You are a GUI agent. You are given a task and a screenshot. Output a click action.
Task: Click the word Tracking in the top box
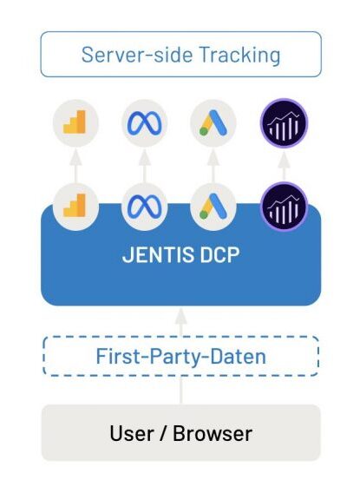(x=239, y=56)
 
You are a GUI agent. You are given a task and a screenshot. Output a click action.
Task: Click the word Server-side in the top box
(x=137, y=55)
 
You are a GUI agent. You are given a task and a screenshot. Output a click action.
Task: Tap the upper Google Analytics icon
(x=75, y=123)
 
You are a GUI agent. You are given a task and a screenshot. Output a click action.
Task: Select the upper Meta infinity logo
(x=145, y=123)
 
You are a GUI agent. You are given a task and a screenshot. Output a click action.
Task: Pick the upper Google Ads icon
(x=213, y=123)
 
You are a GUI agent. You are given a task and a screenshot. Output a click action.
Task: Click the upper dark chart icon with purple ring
(x=284, y=123)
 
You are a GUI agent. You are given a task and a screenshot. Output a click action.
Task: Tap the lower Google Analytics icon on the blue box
(x=75, y=207)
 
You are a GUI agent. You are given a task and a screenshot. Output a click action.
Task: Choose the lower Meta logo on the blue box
(x=145, y=207)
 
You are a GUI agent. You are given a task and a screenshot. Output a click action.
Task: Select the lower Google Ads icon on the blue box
(x=213, y=207)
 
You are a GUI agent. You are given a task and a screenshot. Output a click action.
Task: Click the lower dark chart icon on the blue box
(x=284, y=207)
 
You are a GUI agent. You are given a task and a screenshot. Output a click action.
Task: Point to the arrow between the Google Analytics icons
(x=75, y=166)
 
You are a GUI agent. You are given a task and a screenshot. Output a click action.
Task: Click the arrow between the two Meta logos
(x=145, y=166)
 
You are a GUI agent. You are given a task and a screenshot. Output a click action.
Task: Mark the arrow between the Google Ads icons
(x=213, y=166)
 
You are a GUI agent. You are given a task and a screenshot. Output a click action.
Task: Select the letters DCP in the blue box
(x=219, y=254)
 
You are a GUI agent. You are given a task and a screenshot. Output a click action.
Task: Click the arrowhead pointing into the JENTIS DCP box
(x=180, y=316)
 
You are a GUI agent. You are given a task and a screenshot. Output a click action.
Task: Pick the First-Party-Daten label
(x=181, y=356)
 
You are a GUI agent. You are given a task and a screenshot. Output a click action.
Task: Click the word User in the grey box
(x=132, y=433)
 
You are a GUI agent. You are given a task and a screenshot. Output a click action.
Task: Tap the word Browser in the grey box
(x=213, y=433)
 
